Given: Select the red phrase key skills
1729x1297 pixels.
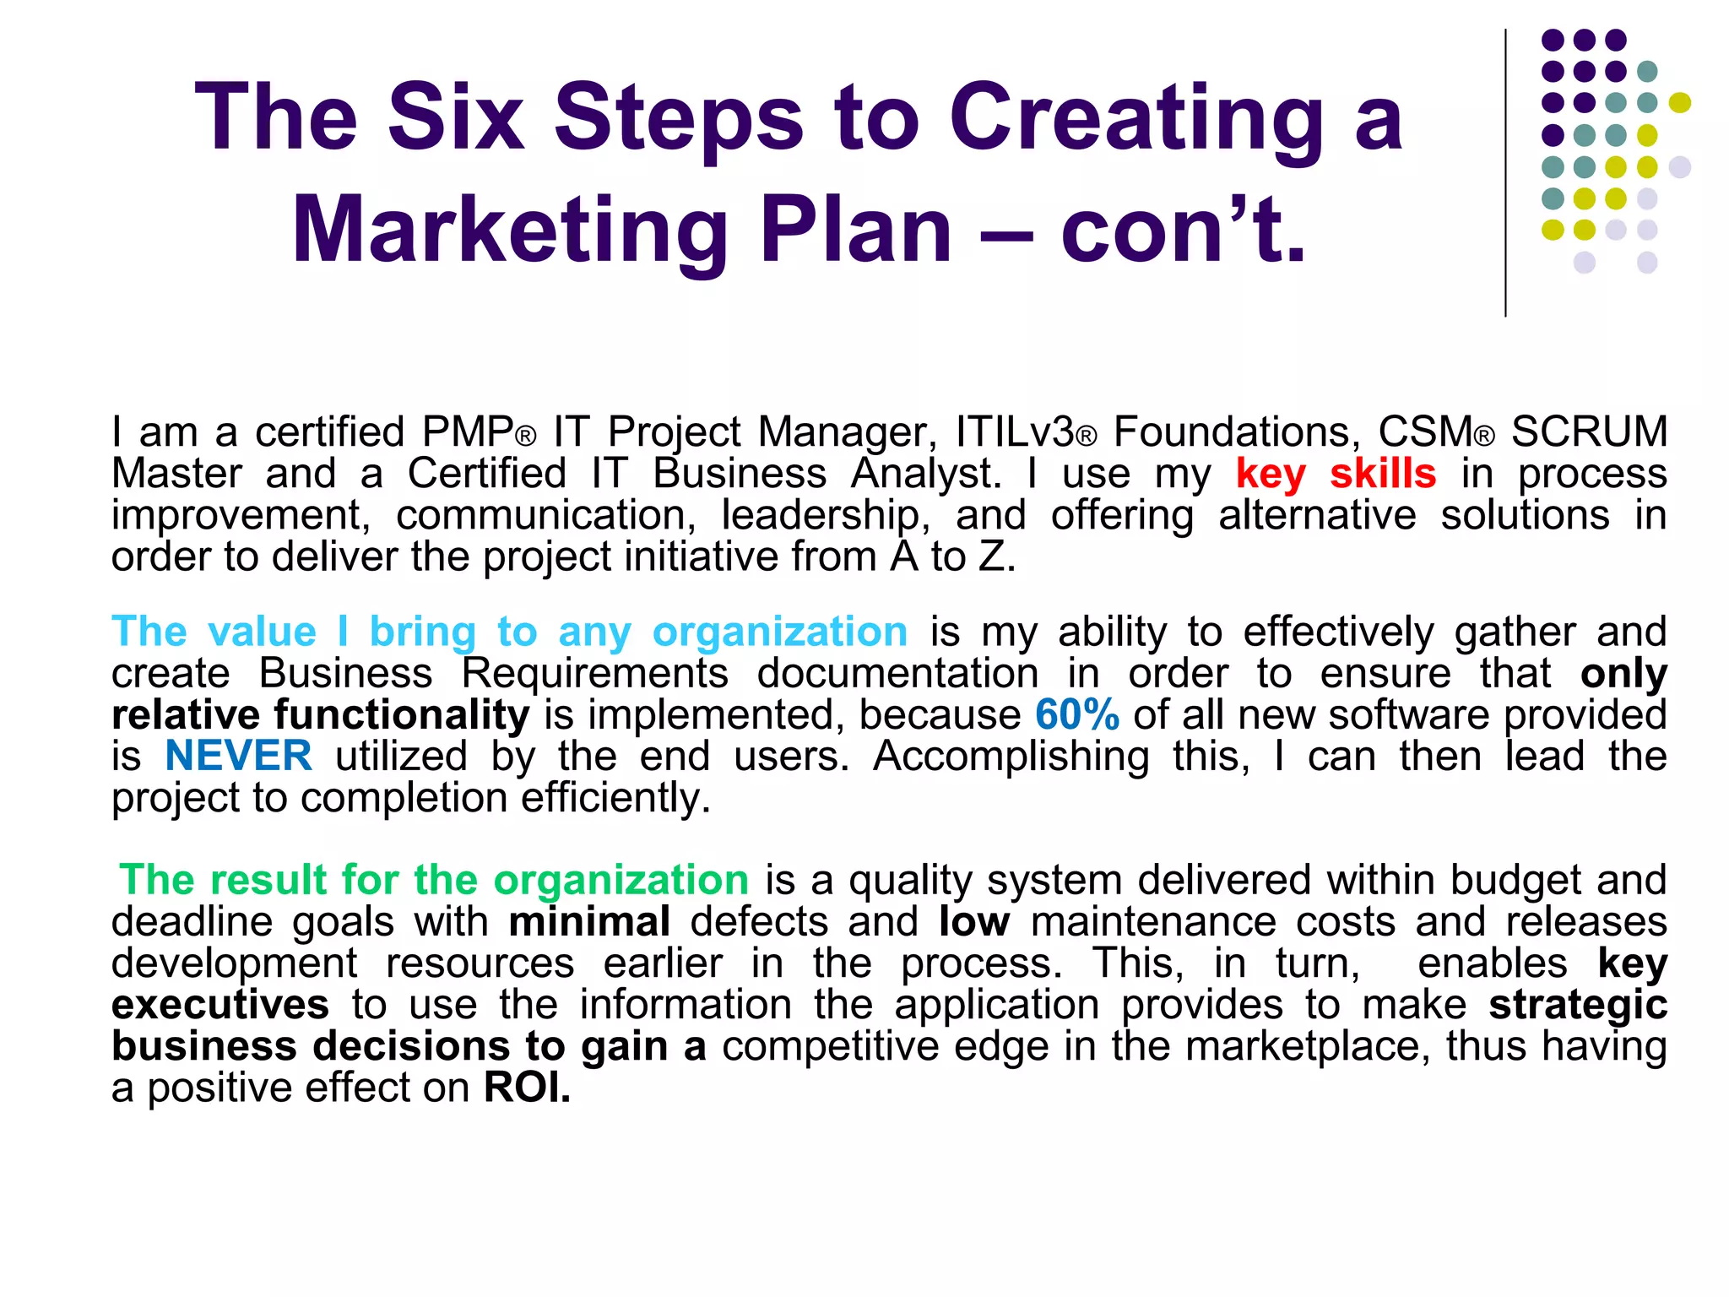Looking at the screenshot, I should click(x=1336, y=474).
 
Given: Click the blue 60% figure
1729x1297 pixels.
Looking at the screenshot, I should click(x=1076, y=714).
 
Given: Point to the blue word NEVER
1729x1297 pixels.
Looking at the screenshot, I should click(x=238, y=756).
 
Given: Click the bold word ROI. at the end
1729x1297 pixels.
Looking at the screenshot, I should click(x=527, y=1088).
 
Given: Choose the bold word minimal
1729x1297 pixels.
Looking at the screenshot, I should click(x=589, y=921).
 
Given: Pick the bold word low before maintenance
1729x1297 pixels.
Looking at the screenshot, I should click(x=973, y=921).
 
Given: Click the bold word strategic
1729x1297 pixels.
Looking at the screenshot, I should click(x=1577, y=1005).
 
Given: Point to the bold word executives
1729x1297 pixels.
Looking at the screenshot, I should click(x=220, y=1005).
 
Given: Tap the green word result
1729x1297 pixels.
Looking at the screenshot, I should click(x=268, y=880).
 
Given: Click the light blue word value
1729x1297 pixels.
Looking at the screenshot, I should click(x=262, y=632).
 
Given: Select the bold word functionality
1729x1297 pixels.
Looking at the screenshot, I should click(x=401, y=714).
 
